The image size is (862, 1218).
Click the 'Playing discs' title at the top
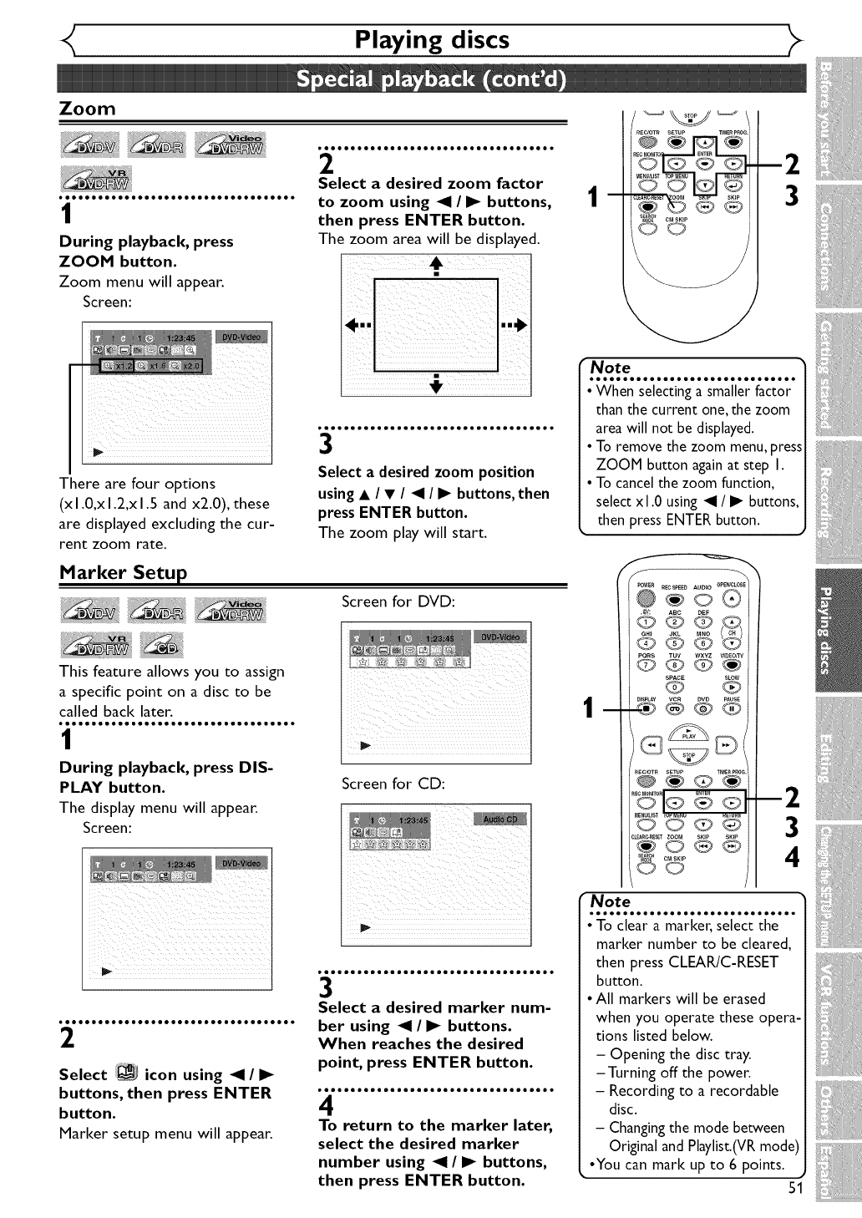[x=431, y=39]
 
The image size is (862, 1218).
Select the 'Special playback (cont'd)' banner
[x=431, y=79]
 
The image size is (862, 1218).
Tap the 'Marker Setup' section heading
[x=123, y=572]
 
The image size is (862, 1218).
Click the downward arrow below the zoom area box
[x=435, y=382]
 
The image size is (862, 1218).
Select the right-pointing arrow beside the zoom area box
[x=513, y=325]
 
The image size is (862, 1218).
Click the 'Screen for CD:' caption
[x=393, y=784]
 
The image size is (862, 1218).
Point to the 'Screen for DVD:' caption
[x=398, y=601]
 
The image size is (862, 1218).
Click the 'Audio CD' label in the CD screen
[x=499, y=819]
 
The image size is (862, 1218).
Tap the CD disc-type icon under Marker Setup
[x=162, y=645]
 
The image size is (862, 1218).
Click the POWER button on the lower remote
[x=646, y=598]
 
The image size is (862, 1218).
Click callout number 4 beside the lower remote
[x=793, y=858]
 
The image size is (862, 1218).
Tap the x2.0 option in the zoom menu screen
[x=187, y=366]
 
